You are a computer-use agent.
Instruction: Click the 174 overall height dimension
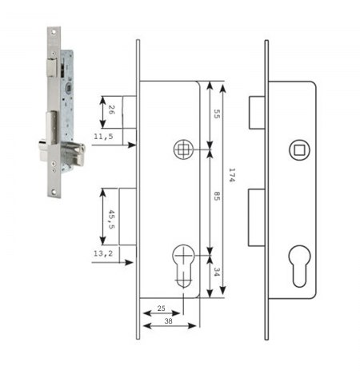(x=232, y=175)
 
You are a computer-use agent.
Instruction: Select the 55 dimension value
(x=217, y=114)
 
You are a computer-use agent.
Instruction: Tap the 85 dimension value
(x=217, y=197)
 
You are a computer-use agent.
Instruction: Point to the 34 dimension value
(x=217, y=272)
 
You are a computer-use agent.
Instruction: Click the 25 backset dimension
(x=162, y=308)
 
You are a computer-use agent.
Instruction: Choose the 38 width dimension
(x=168, y=321)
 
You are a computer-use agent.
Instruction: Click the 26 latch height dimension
(x=111, y=109)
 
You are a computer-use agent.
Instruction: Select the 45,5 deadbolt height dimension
(x=111, y=219)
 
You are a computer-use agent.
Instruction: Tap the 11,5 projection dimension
(x=103, y=136)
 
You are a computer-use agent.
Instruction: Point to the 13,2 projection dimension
(x=103, y=253)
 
